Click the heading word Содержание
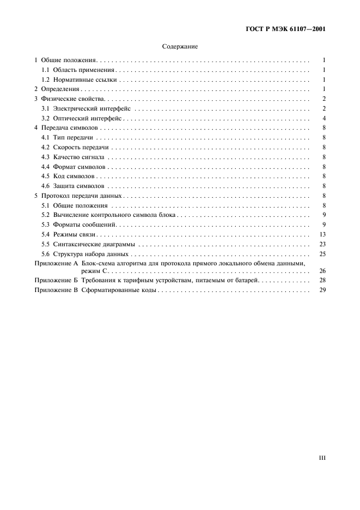[180, 47]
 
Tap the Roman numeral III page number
[322, 458]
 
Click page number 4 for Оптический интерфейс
[324, 118]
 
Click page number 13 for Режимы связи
[322, 234]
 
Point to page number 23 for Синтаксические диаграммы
[322, 244]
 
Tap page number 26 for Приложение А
[322, 270]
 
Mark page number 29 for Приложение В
[322, 290]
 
